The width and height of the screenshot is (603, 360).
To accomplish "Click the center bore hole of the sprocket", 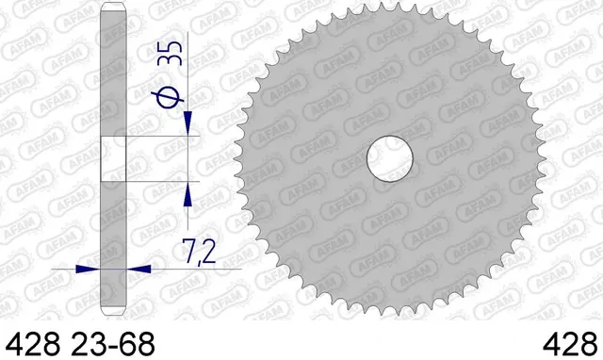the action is [390, 158].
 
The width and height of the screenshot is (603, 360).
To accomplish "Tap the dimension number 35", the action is [170, 53].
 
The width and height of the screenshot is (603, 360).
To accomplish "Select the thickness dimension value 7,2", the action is [199, 252].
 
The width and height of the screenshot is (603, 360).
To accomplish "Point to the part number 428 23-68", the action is [80, 344].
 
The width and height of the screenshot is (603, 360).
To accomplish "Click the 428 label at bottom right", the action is [570, 344].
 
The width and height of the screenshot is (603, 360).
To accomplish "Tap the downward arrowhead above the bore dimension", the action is [187, 123].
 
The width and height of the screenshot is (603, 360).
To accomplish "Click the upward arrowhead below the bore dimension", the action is [187, 193].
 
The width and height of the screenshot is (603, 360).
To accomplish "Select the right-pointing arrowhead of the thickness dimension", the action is [88, 269].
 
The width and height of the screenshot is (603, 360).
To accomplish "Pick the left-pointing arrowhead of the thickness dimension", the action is [139, 269].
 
